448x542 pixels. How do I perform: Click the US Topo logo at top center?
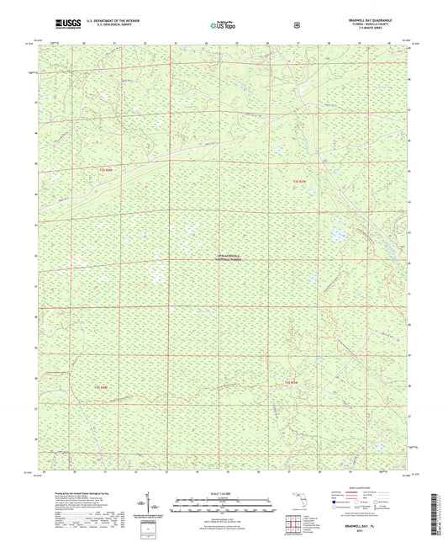(x=222, y=26)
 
